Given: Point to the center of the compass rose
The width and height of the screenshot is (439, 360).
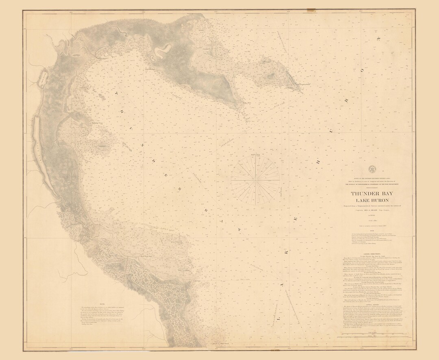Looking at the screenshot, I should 255,179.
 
